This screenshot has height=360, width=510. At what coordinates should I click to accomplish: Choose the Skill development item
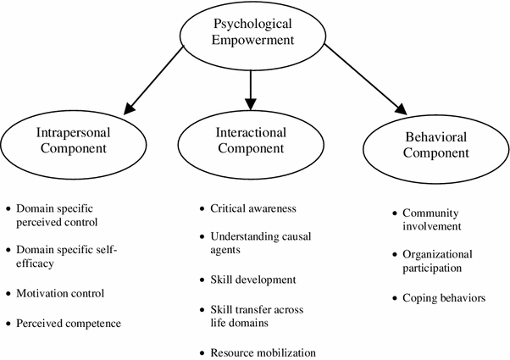click(252, 280)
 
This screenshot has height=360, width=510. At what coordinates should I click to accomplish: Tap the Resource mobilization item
click(264, 352)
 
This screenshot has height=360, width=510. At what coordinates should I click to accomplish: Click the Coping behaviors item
click(443, 298)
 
